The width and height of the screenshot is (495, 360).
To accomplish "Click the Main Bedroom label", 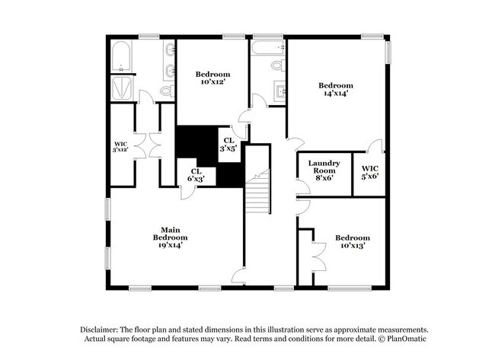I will [x=169, y=237].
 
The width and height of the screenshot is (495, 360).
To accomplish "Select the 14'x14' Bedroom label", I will [x=336, y=90].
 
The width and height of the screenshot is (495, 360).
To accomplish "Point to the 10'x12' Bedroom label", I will [x=212, y=78].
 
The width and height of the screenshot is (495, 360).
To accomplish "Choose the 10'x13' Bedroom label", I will [x=353, y=241].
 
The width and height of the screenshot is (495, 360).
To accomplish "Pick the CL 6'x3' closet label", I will [x=196, y=175].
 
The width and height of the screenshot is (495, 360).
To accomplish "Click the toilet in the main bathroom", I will [x=166, y=91].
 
